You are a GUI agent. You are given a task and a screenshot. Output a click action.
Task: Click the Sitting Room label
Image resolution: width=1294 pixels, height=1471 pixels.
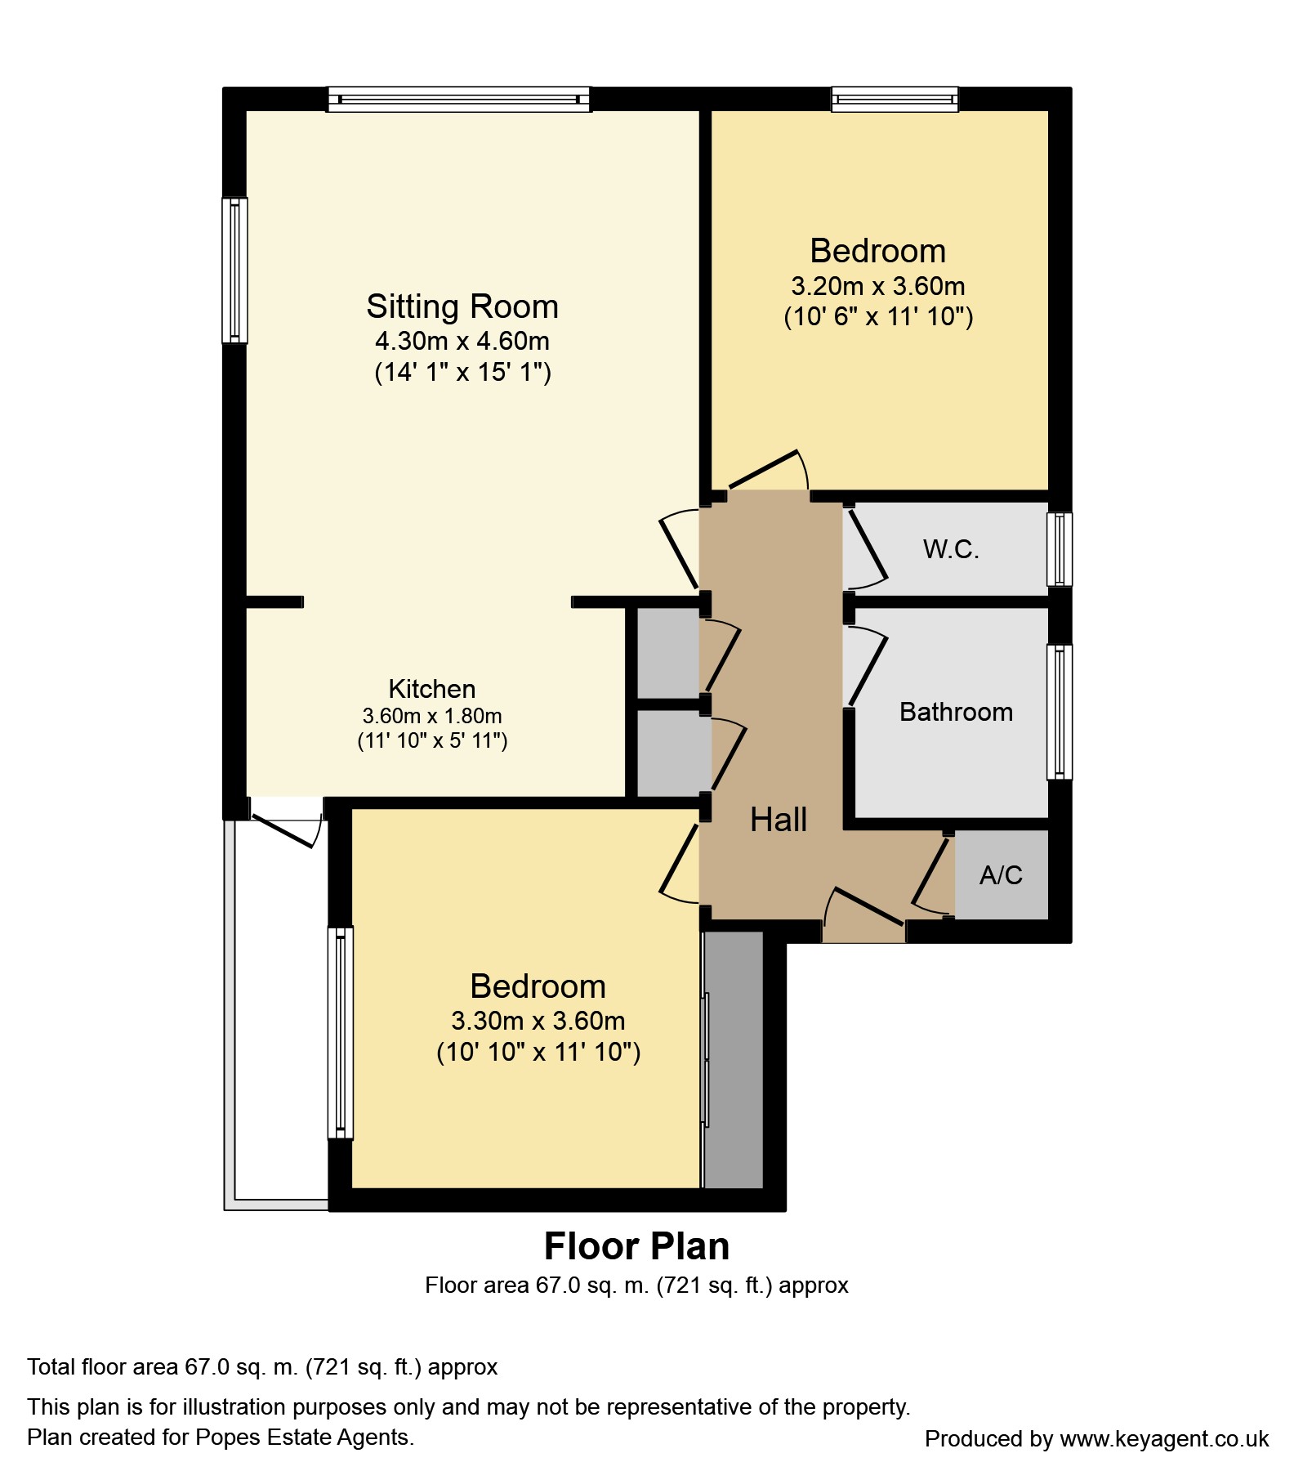(x=462, y=307)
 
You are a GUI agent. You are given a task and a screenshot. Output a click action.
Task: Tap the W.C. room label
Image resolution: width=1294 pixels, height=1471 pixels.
(x=951, y=549)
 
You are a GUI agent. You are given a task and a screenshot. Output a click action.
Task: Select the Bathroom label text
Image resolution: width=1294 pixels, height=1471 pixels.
(x=956, y=712)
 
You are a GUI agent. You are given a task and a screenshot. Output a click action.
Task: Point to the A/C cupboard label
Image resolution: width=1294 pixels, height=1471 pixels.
(x=1001, y=875)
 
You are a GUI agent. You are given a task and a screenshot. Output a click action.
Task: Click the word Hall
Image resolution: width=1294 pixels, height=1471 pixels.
(x=779, y=820)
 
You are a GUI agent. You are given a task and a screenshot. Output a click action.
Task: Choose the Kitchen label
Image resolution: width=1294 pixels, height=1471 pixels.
(x=432, y=689)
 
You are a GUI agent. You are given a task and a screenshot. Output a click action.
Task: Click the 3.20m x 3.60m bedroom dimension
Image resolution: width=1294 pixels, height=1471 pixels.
(x=878, y=286)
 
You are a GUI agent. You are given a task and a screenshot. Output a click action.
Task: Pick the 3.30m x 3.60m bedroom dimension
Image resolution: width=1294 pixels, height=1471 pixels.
(x=538, y=1021)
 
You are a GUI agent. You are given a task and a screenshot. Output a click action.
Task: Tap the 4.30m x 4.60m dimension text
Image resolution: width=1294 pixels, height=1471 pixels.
(x=462, y=341)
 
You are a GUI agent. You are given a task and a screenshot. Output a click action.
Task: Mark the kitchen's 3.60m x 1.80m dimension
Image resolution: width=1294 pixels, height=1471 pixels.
(x=432, y=716)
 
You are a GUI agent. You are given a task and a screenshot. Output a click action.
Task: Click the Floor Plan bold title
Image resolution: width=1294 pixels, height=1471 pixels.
(x=637, y=1247)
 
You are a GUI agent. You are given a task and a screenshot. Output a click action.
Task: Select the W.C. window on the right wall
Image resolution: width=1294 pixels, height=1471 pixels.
(x=1060, y=549)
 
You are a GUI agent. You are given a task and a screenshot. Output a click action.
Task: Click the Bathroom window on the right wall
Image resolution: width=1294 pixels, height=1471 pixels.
(x=1060, y=712)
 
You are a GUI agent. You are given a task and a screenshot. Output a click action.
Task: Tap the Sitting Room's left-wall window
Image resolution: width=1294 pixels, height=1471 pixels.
(x=234, y=271)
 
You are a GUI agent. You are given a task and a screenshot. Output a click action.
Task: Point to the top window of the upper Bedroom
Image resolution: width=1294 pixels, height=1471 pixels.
(x=895, y=99)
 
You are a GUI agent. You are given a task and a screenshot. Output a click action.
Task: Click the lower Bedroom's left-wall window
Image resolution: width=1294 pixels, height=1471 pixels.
(x=341, y=1032)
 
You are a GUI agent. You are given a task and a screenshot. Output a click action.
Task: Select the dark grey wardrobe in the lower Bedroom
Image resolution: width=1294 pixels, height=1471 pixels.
(x=734, y=1059)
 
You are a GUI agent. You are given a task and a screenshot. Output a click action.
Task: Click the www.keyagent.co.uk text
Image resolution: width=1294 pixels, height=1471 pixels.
(x=1164, y=1438)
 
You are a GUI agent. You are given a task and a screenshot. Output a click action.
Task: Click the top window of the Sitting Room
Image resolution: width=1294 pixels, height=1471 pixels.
(x=459, y=99)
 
